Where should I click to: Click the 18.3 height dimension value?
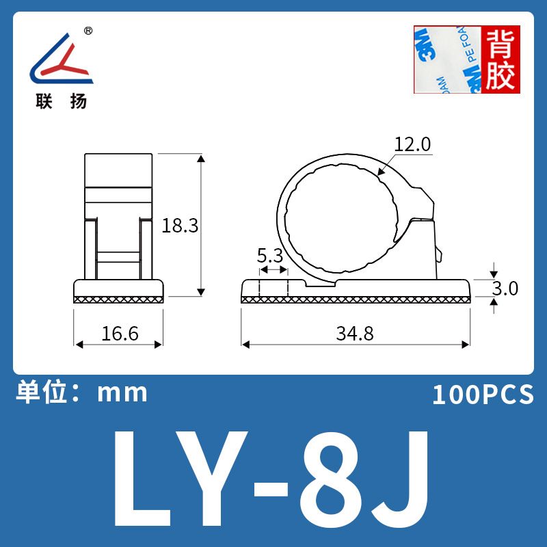click(180, 226)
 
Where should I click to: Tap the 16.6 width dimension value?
click(120, 334)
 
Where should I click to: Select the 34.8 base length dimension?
click(355, 334)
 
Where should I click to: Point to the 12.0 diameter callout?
click(412, 144)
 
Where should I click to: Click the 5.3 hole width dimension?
click(270, 256)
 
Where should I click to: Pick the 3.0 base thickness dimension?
click(505, 289)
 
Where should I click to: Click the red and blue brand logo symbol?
click(62, 58)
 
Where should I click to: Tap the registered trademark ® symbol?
click(89, 31)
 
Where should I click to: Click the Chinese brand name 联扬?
click(61, 101)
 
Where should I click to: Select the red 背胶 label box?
click(501, 59)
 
